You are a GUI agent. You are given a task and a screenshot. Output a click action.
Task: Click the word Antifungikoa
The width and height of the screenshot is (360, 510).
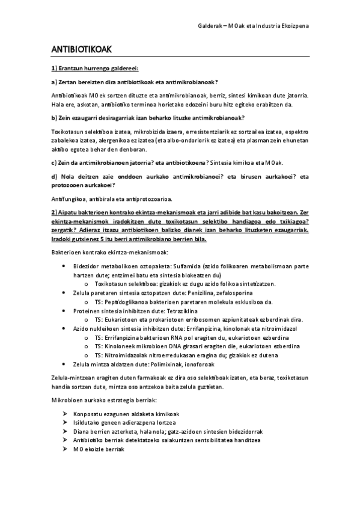pyautogui.click(x=68, y=199)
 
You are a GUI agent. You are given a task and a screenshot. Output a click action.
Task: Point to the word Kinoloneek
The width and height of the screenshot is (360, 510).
pyautogui.click(x=123, y=346)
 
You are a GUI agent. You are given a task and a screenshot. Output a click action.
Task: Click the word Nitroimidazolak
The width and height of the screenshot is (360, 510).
pyautogui.click(x=132, y=355)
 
